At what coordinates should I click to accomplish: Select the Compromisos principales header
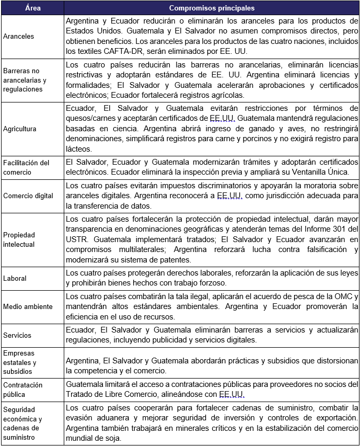[212, 8]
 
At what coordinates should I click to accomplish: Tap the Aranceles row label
[18, 37]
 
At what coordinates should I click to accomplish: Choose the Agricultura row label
[19, 128]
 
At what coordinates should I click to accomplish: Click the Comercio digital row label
[28, 196]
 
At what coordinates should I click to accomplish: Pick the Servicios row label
[17, 335]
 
